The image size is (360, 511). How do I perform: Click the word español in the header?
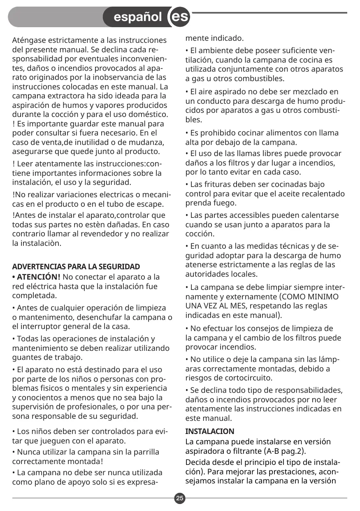click(x=137, y=17)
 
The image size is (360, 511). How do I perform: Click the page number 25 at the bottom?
click(x=180, y=499)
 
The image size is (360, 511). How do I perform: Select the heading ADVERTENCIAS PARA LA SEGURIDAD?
click(x=76, y=266)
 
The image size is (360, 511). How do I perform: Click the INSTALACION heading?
click(x=210, y=432)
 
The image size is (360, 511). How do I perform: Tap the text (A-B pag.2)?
click(x=285, y=451)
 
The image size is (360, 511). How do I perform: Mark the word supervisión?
click(x=35, y=407)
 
